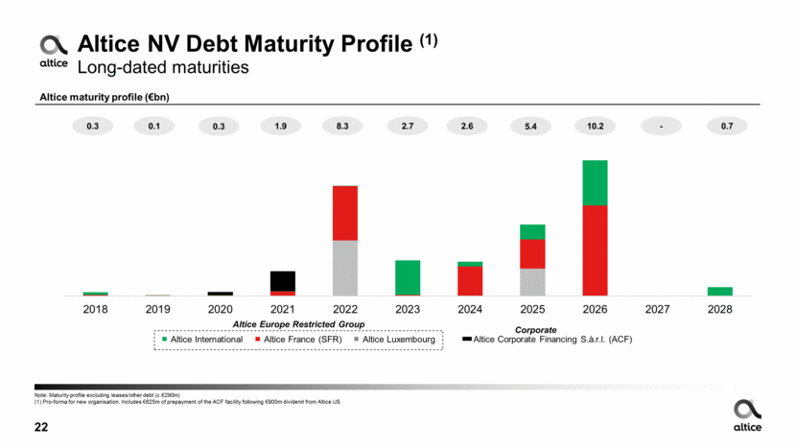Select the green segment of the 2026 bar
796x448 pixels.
tap(595, 182)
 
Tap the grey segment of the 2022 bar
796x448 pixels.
tap(344, 268)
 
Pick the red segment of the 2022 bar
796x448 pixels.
tap(344, 213)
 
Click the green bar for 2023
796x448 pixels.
tap(408, 277)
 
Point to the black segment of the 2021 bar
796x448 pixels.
tap(282, 280)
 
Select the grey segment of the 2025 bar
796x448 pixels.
tap(532, 282)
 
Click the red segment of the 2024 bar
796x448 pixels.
tap(470, 280)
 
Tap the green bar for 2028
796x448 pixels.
tap(719, 291)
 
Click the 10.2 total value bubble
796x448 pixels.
tap(595, 126)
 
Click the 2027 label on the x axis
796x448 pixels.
tap(657, 310)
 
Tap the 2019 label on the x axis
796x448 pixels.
tap(157, 310)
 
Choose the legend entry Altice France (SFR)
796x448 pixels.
tap(300, 340)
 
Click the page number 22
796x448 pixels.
tap(41, 427)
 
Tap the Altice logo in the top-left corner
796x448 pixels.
tap(53, 50)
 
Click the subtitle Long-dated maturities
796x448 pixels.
tap(162, 67)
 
